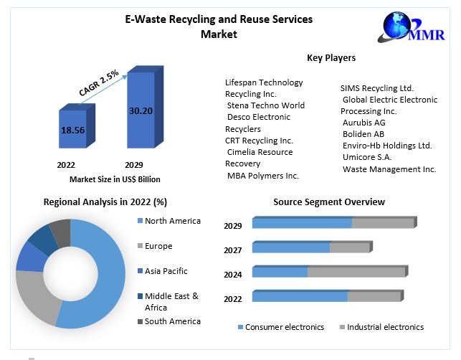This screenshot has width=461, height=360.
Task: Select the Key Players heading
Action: (331, 57)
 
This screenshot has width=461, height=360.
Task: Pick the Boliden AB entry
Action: (363, 133)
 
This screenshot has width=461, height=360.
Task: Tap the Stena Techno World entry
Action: (265, 105)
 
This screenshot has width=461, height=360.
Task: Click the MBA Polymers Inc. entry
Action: (263, 175)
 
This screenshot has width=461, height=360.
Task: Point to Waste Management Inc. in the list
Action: (389, 169)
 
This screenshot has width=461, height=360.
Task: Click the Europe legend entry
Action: (158, 246)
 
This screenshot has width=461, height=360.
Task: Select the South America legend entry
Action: (172, 321)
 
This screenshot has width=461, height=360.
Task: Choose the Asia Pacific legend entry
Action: (166, 271)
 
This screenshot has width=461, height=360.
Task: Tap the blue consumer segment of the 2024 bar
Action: (280, 273)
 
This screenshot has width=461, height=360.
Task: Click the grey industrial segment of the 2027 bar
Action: (349, 247)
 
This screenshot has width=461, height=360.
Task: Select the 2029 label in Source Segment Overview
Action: (232, 226)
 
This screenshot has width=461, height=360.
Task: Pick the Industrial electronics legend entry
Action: (385, 327)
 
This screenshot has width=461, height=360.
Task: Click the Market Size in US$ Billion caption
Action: (115, 179)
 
